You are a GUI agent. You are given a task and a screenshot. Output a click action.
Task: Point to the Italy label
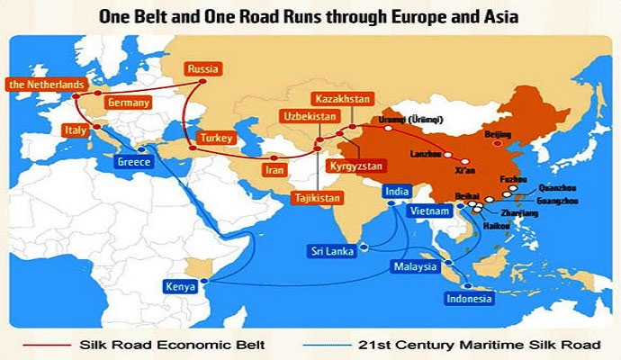tap(76, 130)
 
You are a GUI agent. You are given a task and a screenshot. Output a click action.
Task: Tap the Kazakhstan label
tap(336, 97)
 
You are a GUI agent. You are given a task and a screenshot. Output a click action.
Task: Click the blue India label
tap(393, 191)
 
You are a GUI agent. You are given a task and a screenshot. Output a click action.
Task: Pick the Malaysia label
tap(413, 266)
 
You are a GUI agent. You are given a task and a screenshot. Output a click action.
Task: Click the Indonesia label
tap(470, 299)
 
